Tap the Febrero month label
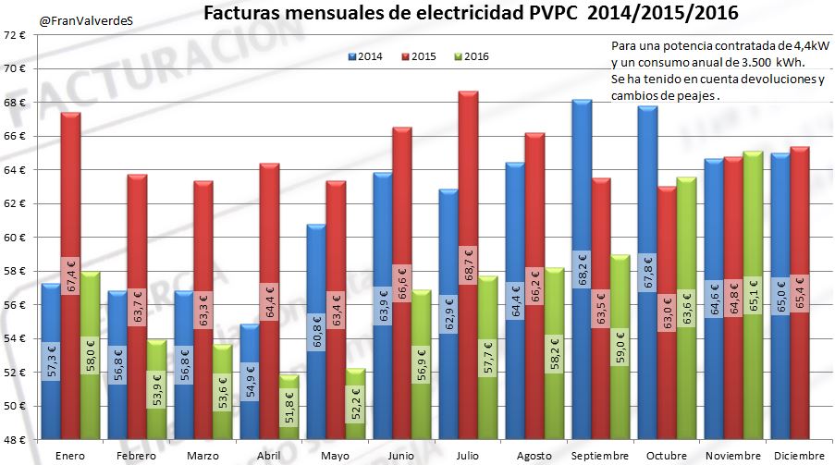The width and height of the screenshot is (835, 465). (x=136, y=456)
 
